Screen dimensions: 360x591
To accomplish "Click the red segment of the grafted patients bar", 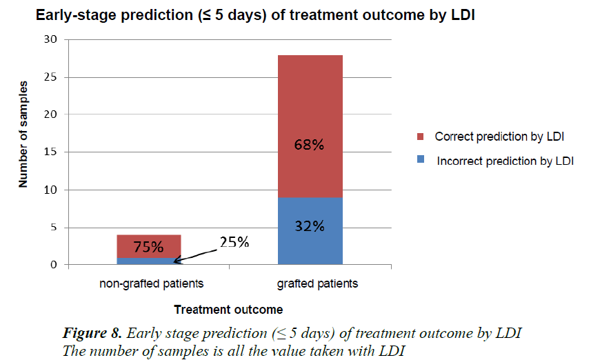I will pyautogui.click(x=310, y=110).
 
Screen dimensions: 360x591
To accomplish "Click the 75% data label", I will pyautogui.click(x=149, y=247).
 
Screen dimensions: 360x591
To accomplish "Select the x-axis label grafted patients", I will pyautogui.click(x=310, y=283).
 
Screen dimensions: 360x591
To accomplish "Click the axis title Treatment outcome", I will pyautogui.click(x=228, y=309).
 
